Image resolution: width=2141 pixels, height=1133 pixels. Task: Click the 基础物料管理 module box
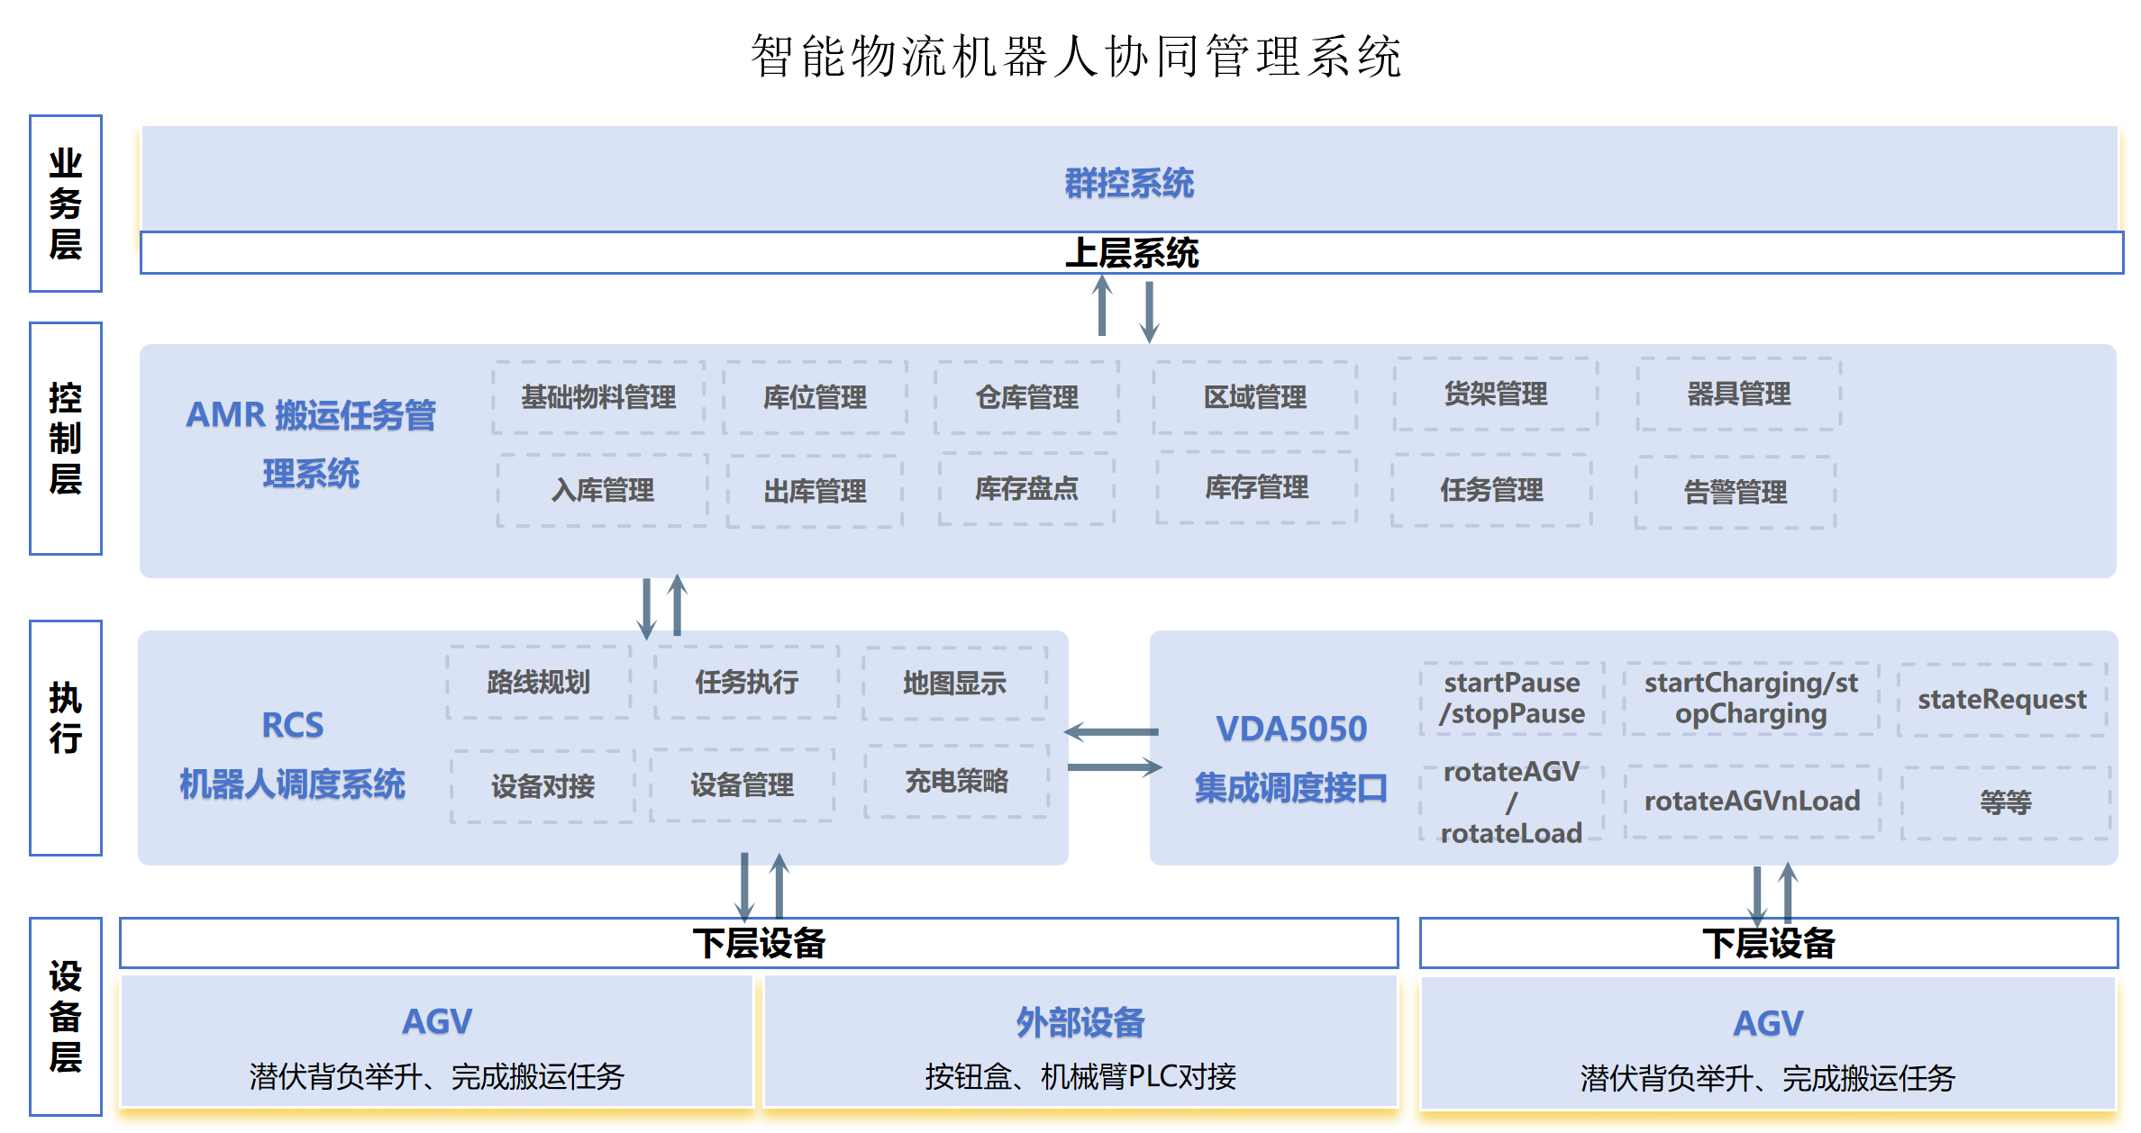(x=598, y=397)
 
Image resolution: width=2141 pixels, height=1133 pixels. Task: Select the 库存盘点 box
(x=1026, y=489)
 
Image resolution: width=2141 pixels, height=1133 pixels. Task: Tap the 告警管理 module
(x=1736, y=492)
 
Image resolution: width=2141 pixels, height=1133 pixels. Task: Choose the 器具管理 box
(x=1738, y=394)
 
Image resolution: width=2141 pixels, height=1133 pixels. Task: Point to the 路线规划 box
(x=538, y=683)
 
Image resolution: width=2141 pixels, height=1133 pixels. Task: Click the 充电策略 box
(x=956, y=781)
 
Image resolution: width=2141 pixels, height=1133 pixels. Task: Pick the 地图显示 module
(x=954, y=684)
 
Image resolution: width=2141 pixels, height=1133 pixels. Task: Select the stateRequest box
(x=2001, y=700)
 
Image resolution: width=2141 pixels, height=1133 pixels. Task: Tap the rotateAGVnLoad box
(x=1752, y=802)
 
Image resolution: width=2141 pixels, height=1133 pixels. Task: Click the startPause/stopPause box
(x=1511, y=698)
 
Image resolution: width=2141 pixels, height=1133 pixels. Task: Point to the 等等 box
(x=2005, y=802)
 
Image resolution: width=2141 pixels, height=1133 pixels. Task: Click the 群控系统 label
(x=1129, y=184)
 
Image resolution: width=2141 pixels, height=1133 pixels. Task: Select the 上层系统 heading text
(x=1132, y=253)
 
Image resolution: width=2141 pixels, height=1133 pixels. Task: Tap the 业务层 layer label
(x=66, y=204)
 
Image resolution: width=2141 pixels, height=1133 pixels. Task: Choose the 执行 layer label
(x=66, y=718)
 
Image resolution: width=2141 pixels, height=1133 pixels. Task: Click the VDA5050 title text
(x=1290, y=729)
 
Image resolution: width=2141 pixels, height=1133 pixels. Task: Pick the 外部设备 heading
(x=1080, y=1022)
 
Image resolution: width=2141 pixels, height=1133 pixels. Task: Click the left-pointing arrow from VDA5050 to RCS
(x=1112, y=732)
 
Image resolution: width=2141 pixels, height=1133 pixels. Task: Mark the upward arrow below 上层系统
(x=1102, y=305)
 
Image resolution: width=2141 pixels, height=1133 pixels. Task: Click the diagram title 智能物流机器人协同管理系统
(x=1076, y=57)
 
